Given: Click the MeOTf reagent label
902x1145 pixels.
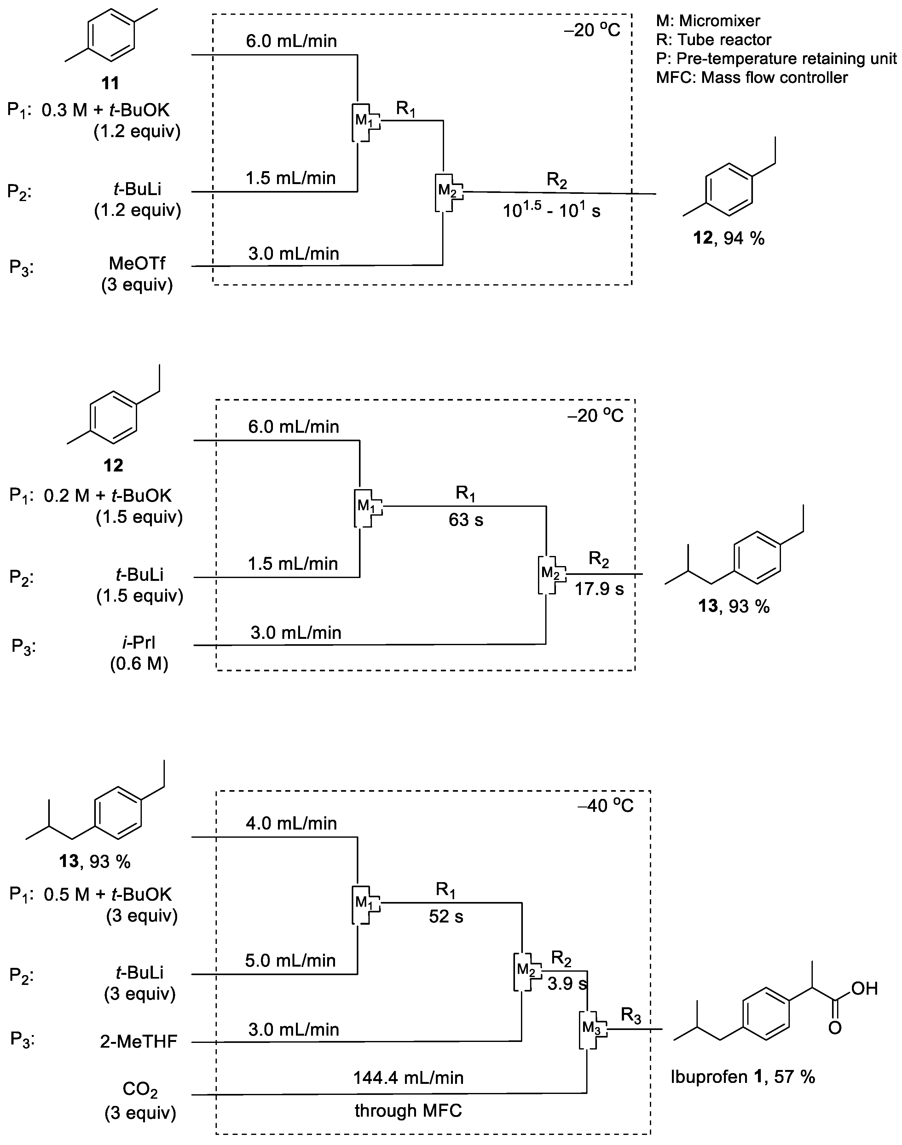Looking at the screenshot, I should [x=137, y=263].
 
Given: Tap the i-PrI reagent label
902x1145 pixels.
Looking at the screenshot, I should [x=139, y=642].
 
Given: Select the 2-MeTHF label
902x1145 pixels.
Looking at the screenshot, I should [x=138, y=1041].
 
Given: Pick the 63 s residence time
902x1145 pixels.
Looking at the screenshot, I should [x=466, y=520].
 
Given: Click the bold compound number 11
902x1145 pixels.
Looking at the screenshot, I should [x=110, y=83].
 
